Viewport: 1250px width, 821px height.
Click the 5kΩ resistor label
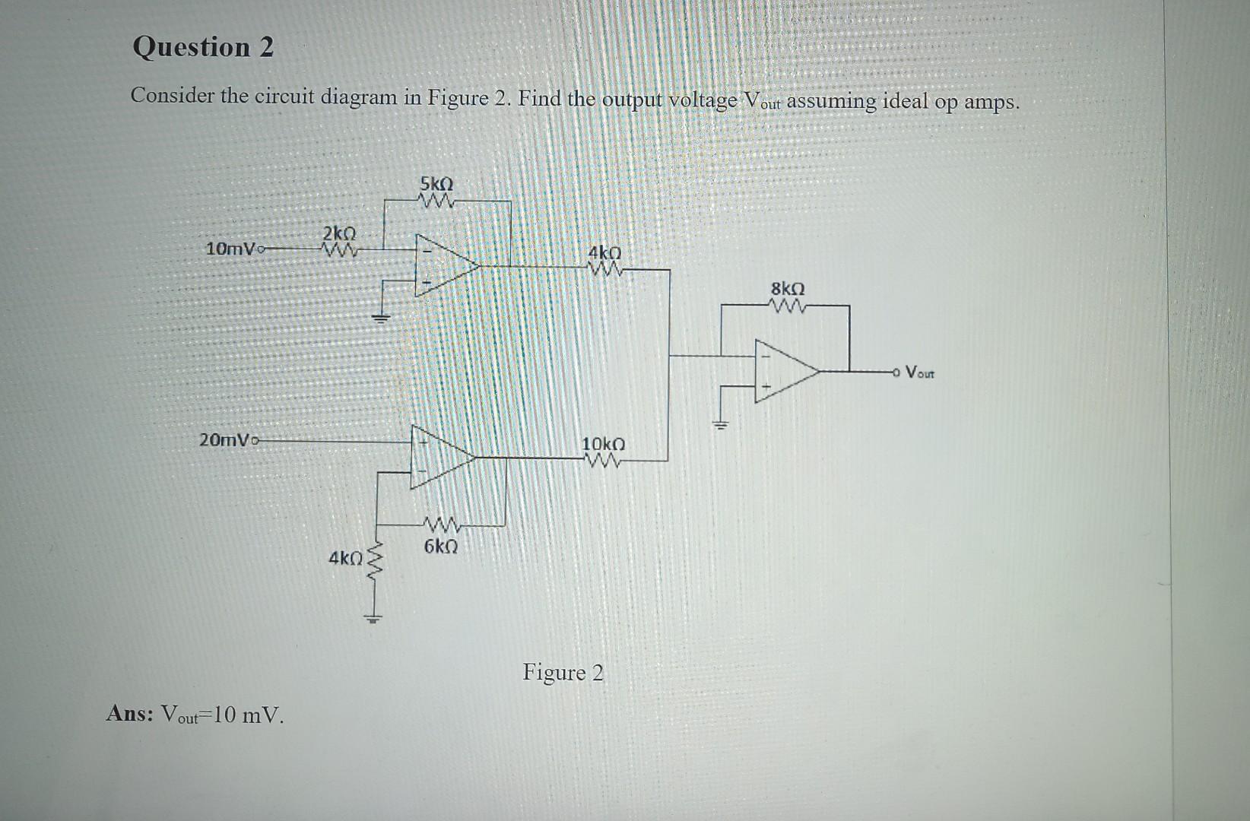pyautogui.click(x=436, y=184)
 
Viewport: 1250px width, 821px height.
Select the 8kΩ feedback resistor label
pyautogui.click(x=788, y=290)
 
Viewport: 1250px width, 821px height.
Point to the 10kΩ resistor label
pyautogui.click(x=603, y=443)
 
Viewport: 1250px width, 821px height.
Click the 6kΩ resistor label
pyautogui.click(x=441, y=547)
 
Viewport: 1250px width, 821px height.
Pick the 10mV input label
pyautogui.click(x=231, y=249)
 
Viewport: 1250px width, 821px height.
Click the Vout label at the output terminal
pyautogui.click(x=922, y=372)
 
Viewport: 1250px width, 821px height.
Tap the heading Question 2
pyautogui.click(x=203, y=47)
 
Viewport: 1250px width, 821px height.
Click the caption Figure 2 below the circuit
pyautogui.click(x=563, y=673)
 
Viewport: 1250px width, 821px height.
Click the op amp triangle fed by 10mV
pyautogui.click(x=443, y=265)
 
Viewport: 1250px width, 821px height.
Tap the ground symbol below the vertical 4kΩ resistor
pyautogui.click(x=373, y=617)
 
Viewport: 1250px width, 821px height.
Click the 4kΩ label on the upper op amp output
pyautogui.click(x=604, y=252)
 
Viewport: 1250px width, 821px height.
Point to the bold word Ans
pyautogui.click(x=130, y=714)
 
